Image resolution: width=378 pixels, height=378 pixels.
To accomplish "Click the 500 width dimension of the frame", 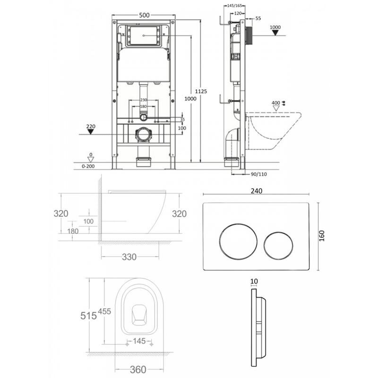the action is point(144,15).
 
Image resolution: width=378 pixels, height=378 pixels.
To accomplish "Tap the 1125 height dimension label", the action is point(201,91).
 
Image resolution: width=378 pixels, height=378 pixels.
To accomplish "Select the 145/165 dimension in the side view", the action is point(234,6).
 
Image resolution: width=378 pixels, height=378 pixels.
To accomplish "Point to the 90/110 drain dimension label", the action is point(258,174).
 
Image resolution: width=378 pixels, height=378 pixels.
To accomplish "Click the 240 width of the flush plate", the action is point(257,191).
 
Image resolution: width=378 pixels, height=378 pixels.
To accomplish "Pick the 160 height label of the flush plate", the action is point(322,236).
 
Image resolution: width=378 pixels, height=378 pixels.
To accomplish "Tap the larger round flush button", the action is point(238,242).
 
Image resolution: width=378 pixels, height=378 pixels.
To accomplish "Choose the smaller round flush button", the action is point(278,246).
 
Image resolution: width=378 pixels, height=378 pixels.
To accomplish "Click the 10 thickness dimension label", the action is point(254,281).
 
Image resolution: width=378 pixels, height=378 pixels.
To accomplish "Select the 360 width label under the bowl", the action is point(138,369).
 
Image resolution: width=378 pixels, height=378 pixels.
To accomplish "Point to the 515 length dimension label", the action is point(88,316).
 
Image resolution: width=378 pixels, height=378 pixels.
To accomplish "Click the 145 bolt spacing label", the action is point(139,341).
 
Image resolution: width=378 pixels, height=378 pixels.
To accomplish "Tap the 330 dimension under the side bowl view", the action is point(129,257).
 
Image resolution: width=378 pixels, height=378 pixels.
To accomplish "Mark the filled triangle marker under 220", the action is point(90,132).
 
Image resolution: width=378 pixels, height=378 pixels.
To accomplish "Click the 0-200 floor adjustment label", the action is point(88,166).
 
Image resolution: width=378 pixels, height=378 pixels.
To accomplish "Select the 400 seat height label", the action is point(276,103).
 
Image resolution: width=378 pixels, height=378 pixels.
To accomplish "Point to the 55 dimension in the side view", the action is point(258,18).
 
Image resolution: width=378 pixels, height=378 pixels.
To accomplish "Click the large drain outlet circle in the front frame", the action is point(144,135).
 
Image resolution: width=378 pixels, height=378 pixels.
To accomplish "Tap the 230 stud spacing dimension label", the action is point(144,100).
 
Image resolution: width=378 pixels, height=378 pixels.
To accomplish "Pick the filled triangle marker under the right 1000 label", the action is point(275,33).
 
